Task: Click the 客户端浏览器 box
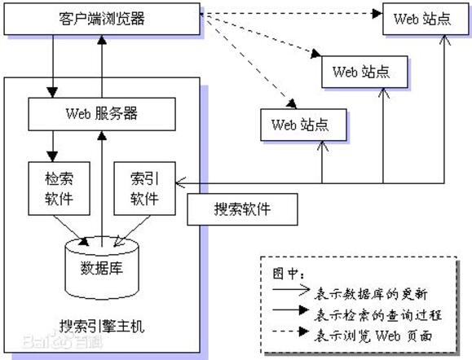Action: click(x=102, y=18)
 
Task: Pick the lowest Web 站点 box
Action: click(x=299, y=125)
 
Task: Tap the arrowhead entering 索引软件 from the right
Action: click(x=180, y=182)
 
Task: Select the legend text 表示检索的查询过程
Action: click(x=368, y=313)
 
